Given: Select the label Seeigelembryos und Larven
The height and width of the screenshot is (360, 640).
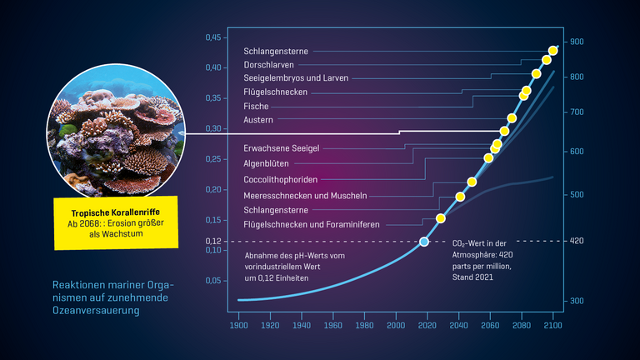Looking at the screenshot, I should [x=296, y=78].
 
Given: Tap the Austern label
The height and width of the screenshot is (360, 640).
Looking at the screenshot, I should [x=258, y=120].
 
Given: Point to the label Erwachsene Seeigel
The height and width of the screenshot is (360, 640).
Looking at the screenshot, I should [x=275, y=147].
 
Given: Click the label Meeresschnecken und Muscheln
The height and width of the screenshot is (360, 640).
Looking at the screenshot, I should [x=305, y=195].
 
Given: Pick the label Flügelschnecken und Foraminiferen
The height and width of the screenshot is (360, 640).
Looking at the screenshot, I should [x=312, y=225].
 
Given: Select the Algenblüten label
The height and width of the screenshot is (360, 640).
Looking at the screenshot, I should [x=267, y=163].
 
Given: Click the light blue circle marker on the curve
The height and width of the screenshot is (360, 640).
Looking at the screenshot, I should [x=424, y=242].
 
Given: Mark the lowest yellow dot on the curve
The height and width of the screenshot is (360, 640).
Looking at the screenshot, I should [x=441, y=218].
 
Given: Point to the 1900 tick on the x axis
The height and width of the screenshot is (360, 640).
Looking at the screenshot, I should [x=239, y=326].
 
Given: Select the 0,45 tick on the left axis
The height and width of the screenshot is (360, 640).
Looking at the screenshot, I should [x=213, y=37].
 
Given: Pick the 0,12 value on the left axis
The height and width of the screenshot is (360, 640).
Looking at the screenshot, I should [x=213, y=241].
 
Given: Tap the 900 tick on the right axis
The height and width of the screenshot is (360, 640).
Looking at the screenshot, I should [x=577, y=42].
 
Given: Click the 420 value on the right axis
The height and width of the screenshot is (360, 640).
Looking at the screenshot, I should [x=577, y=241].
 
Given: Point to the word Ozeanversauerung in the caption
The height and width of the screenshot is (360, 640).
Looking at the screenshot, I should [x=95, y=310].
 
